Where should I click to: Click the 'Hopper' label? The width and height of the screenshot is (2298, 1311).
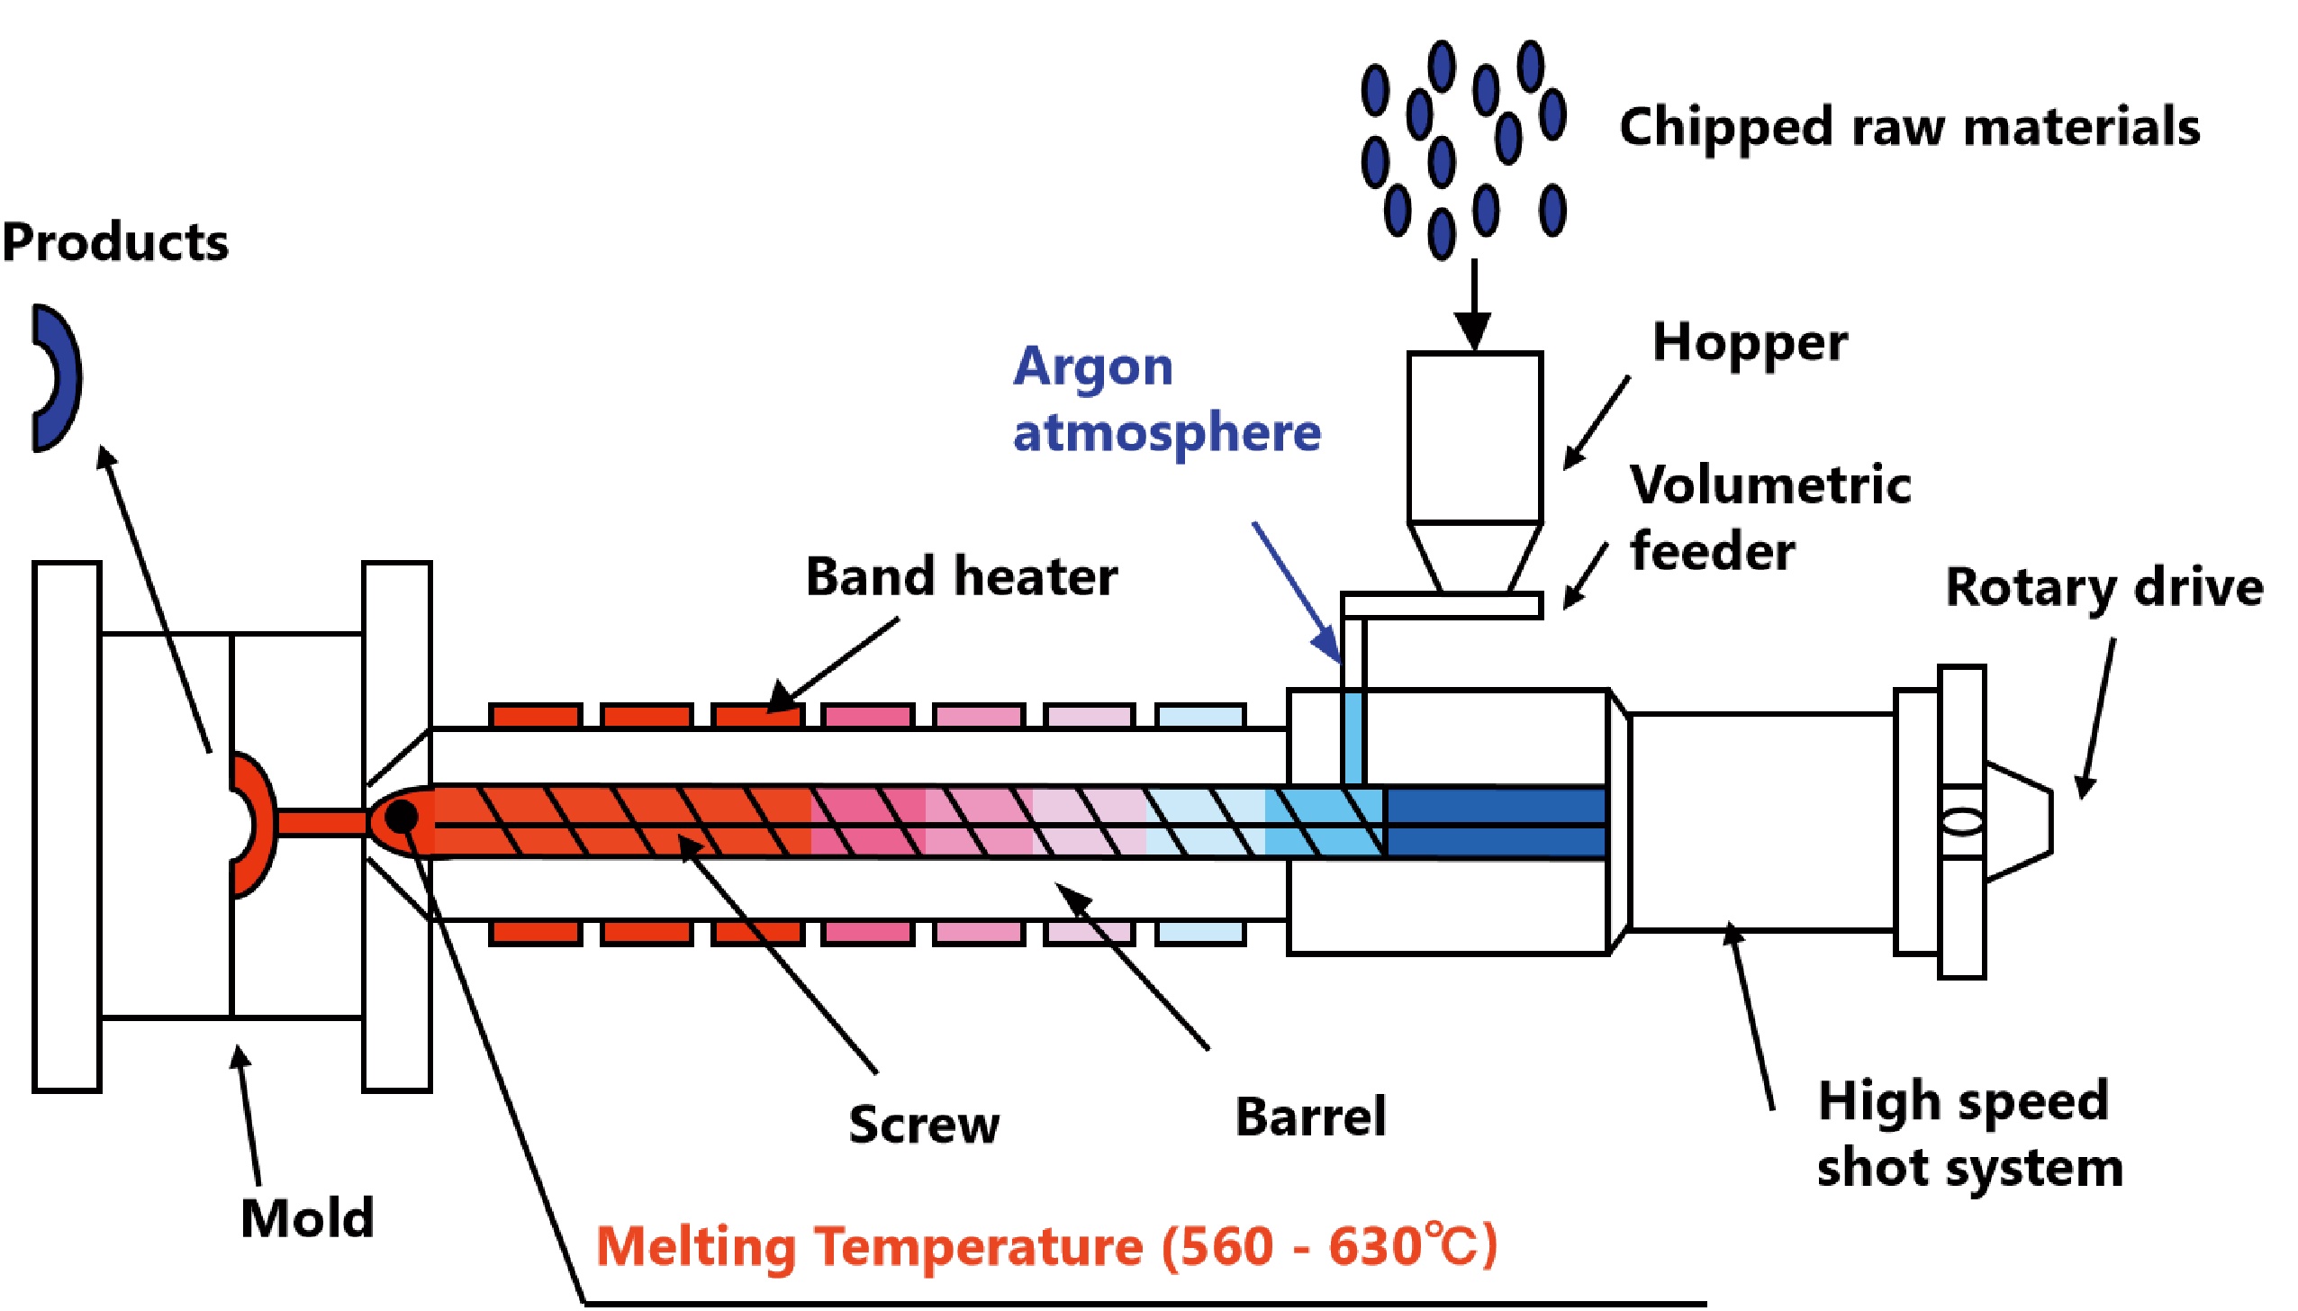1750,344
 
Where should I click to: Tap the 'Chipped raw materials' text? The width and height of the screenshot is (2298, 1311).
1909,127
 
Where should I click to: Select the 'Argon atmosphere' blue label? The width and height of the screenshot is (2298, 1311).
1165,400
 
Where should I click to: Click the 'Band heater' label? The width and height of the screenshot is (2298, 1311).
961,577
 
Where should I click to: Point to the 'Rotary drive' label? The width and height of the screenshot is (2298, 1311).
2103,588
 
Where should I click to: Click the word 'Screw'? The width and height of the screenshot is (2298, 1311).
924,1125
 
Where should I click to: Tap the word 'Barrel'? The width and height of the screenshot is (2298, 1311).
1310,1117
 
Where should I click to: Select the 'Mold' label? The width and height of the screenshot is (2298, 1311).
307,1218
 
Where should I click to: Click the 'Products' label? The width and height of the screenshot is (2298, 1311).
115,242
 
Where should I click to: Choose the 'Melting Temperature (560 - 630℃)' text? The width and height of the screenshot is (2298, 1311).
1046,1246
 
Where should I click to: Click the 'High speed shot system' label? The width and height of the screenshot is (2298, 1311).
1968,1135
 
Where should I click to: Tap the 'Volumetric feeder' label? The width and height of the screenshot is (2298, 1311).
1769,518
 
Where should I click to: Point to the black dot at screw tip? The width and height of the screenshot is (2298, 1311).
401,818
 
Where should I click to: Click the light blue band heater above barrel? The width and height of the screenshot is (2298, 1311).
1200,717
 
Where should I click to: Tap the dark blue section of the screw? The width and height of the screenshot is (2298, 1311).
1495,822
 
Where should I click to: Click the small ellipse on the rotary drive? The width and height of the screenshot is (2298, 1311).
1961,822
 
